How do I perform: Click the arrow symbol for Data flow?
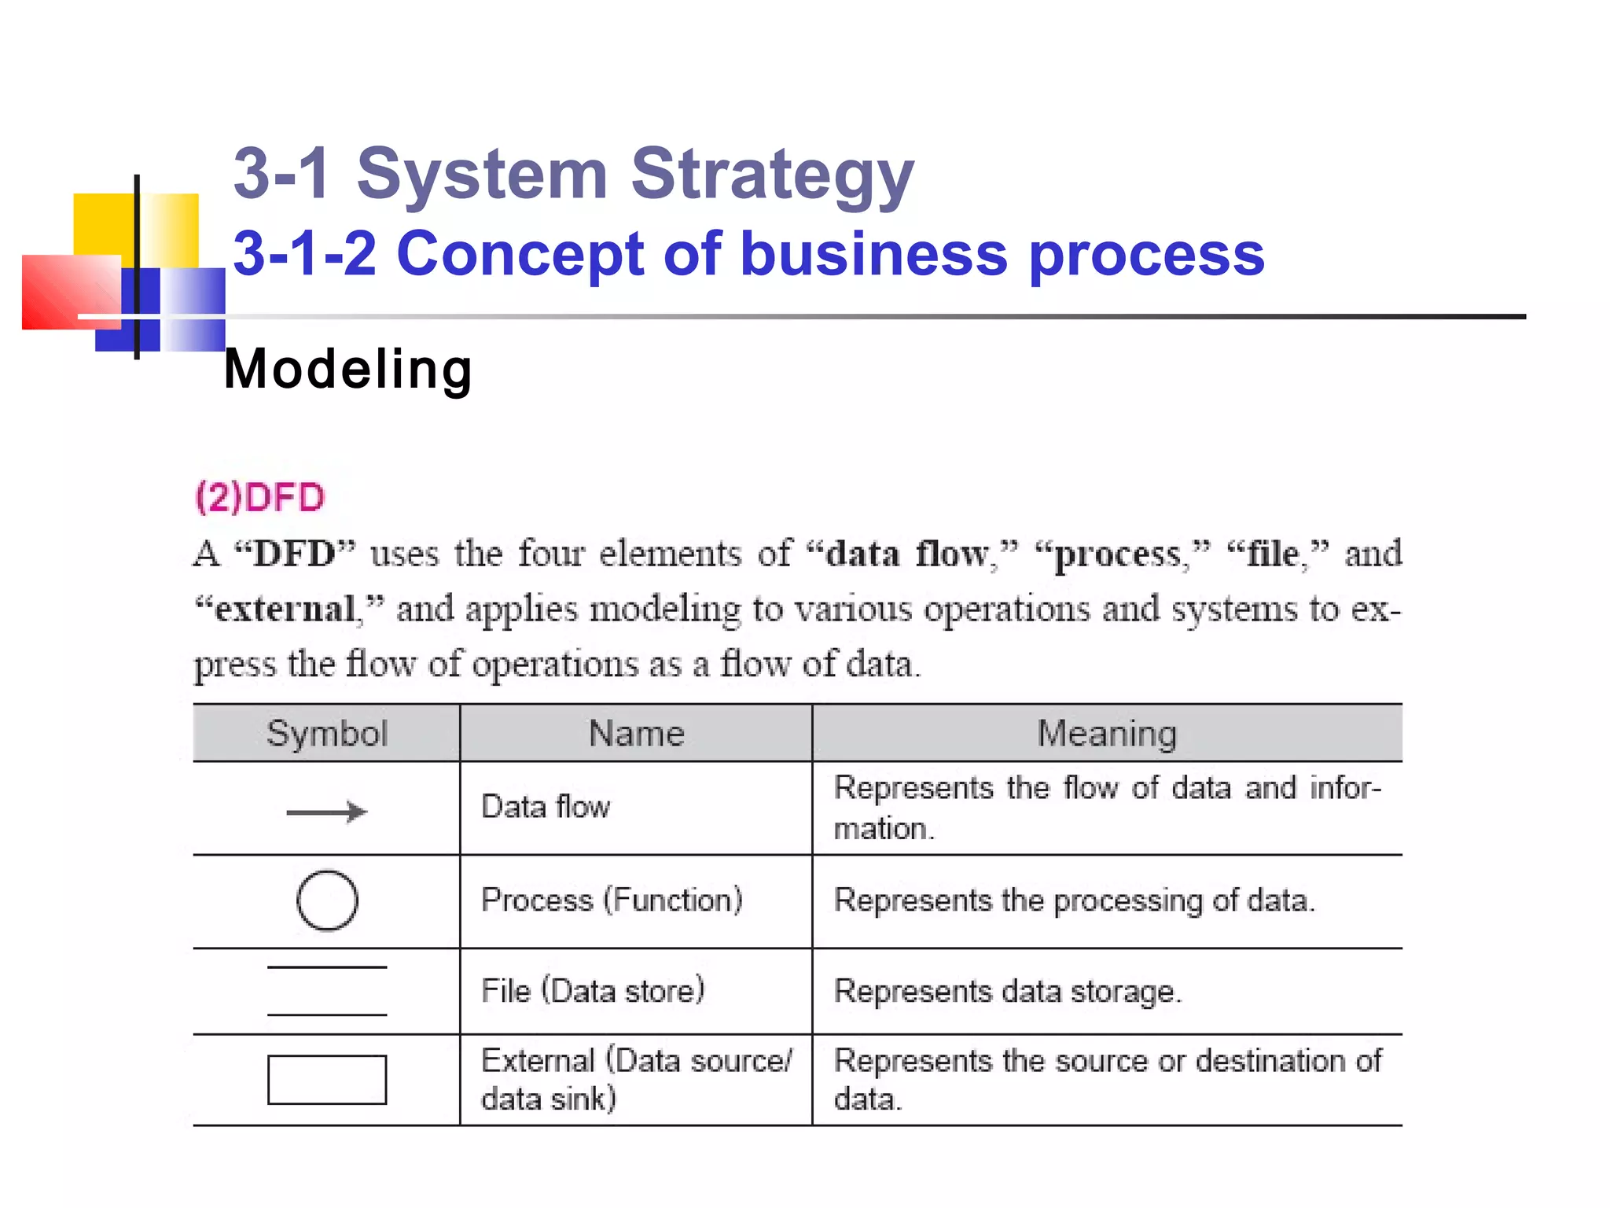(326, 812)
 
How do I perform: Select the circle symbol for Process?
(327, 900)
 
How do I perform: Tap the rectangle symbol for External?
(327, 1079)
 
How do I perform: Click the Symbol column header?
(327, 733)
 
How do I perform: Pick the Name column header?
(636, 733)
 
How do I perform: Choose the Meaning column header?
(1107, 733)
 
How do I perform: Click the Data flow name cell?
(546, 807)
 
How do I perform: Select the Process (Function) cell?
(612, 900)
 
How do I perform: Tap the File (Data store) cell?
(593, 991)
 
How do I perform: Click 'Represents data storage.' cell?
(1008, 991)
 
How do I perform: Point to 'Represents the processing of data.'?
(1074, 900)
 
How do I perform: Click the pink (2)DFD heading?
(259, 497)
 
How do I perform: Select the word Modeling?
(348, 369)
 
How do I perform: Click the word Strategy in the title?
(772, 175)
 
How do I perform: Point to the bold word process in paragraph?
(1117, 554)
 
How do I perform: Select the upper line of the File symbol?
(327, 967)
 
